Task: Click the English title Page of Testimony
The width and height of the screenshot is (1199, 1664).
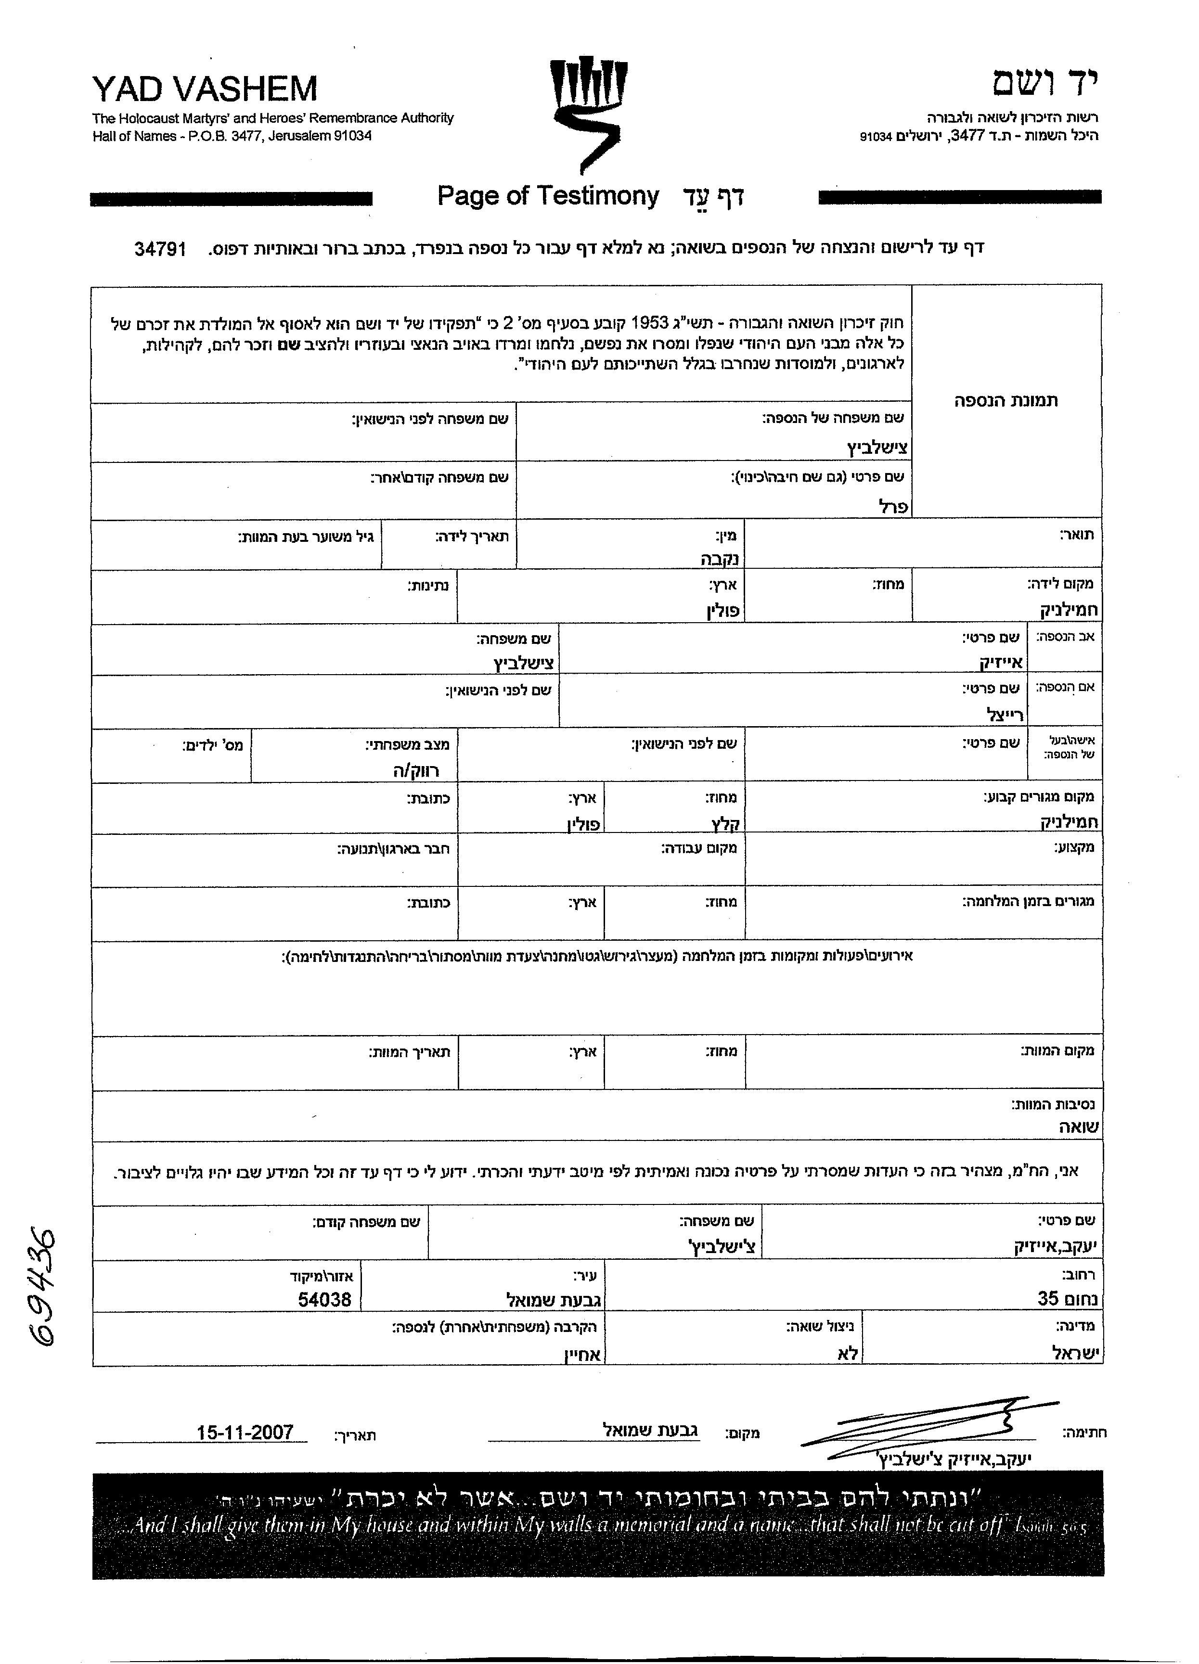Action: pyautogui.click(x=548, y=196)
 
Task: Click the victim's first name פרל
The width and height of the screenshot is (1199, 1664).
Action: pyautogui.click(x=893, y=506)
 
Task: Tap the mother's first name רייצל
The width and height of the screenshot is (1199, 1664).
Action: pyautogui.click(x=1005, y=714)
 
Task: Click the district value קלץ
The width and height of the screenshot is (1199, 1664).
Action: pyautogui.click(x=726, y=823)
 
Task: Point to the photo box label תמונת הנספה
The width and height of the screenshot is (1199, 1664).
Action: pyautogui.click(x=1006, y=400)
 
